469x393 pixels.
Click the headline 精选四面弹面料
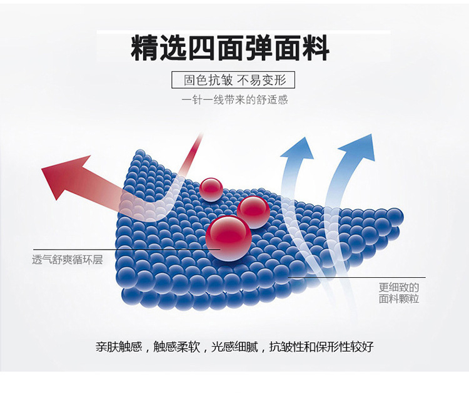tap(229, 48)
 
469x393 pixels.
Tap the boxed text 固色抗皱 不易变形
tap(233, 81)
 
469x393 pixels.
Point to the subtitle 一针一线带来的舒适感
tap(234, 100)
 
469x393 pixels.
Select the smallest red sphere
tap(211, 189)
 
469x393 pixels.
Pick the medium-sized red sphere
tap(253, 212)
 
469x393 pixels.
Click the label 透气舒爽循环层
tap(67, 260)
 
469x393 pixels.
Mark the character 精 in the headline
tap(144, 48)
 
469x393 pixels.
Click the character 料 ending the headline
tap(315, 48)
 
